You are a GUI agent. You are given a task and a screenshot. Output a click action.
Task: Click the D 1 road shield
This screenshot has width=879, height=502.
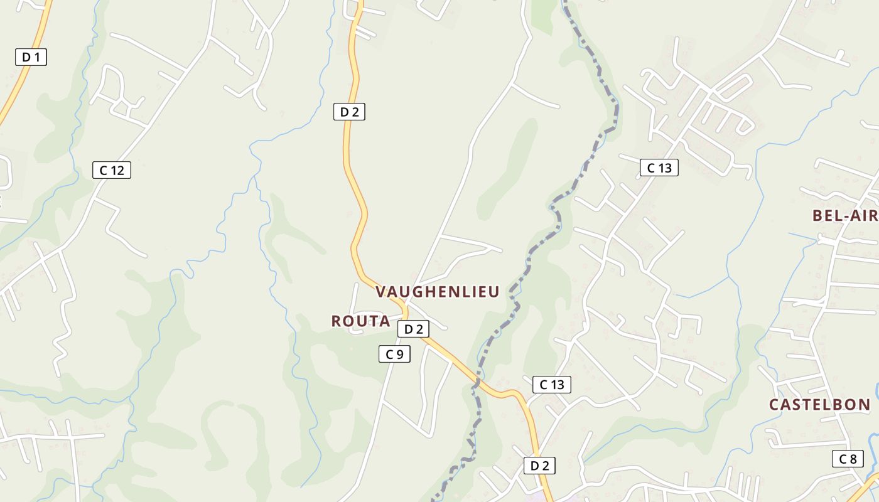[31, 57]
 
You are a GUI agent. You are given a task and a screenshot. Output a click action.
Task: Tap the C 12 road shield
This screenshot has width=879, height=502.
[112, 170]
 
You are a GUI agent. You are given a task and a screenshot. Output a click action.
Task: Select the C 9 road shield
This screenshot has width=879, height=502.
[394, 354]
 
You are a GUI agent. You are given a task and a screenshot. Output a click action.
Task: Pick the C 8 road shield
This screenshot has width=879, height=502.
[848, 459]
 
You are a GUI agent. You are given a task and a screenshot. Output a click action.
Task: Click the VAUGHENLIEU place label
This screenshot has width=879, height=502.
[437, 292]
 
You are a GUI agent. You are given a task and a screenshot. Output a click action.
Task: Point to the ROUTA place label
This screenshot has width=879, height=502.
[360, 321]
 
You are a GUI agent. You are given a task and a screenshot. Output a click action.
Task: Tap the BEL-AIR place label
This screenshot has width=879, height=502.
[845, 216]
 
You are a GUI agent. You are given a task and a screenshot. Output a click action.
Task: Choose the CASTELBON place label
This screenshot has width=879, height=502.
[819, 405]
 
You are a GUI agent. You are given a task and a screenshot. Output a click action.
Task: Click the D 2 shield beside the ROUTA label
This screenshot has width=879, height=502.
[413, 329]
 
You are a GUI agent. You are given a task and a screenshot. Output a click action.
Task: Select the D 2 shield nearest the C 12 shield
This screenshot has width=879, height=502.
[348, 112]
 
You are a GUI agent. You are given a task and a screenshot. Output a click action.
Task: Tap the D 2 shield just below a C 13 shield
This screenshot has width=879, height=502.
[539, 466]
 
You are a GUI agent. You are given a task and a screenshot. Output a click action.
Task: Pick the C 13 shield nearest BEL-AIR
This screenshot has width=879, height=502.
[659, 168]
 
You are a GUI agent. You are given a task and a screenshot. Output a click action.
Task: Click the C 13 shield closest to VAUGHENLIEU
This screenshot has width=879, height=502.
[551, 385]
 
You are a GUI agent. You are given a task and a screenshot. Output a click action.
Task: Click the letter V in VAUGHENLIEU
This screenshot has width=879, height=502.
[380, 292]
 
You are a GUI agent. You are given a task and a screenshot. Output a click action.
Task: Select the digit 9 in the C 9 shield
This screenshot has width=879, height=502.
[399, 354]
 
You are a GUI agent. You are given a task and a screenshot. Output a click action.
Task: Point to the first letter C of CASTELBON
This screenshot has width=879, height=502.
[774, 405]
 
